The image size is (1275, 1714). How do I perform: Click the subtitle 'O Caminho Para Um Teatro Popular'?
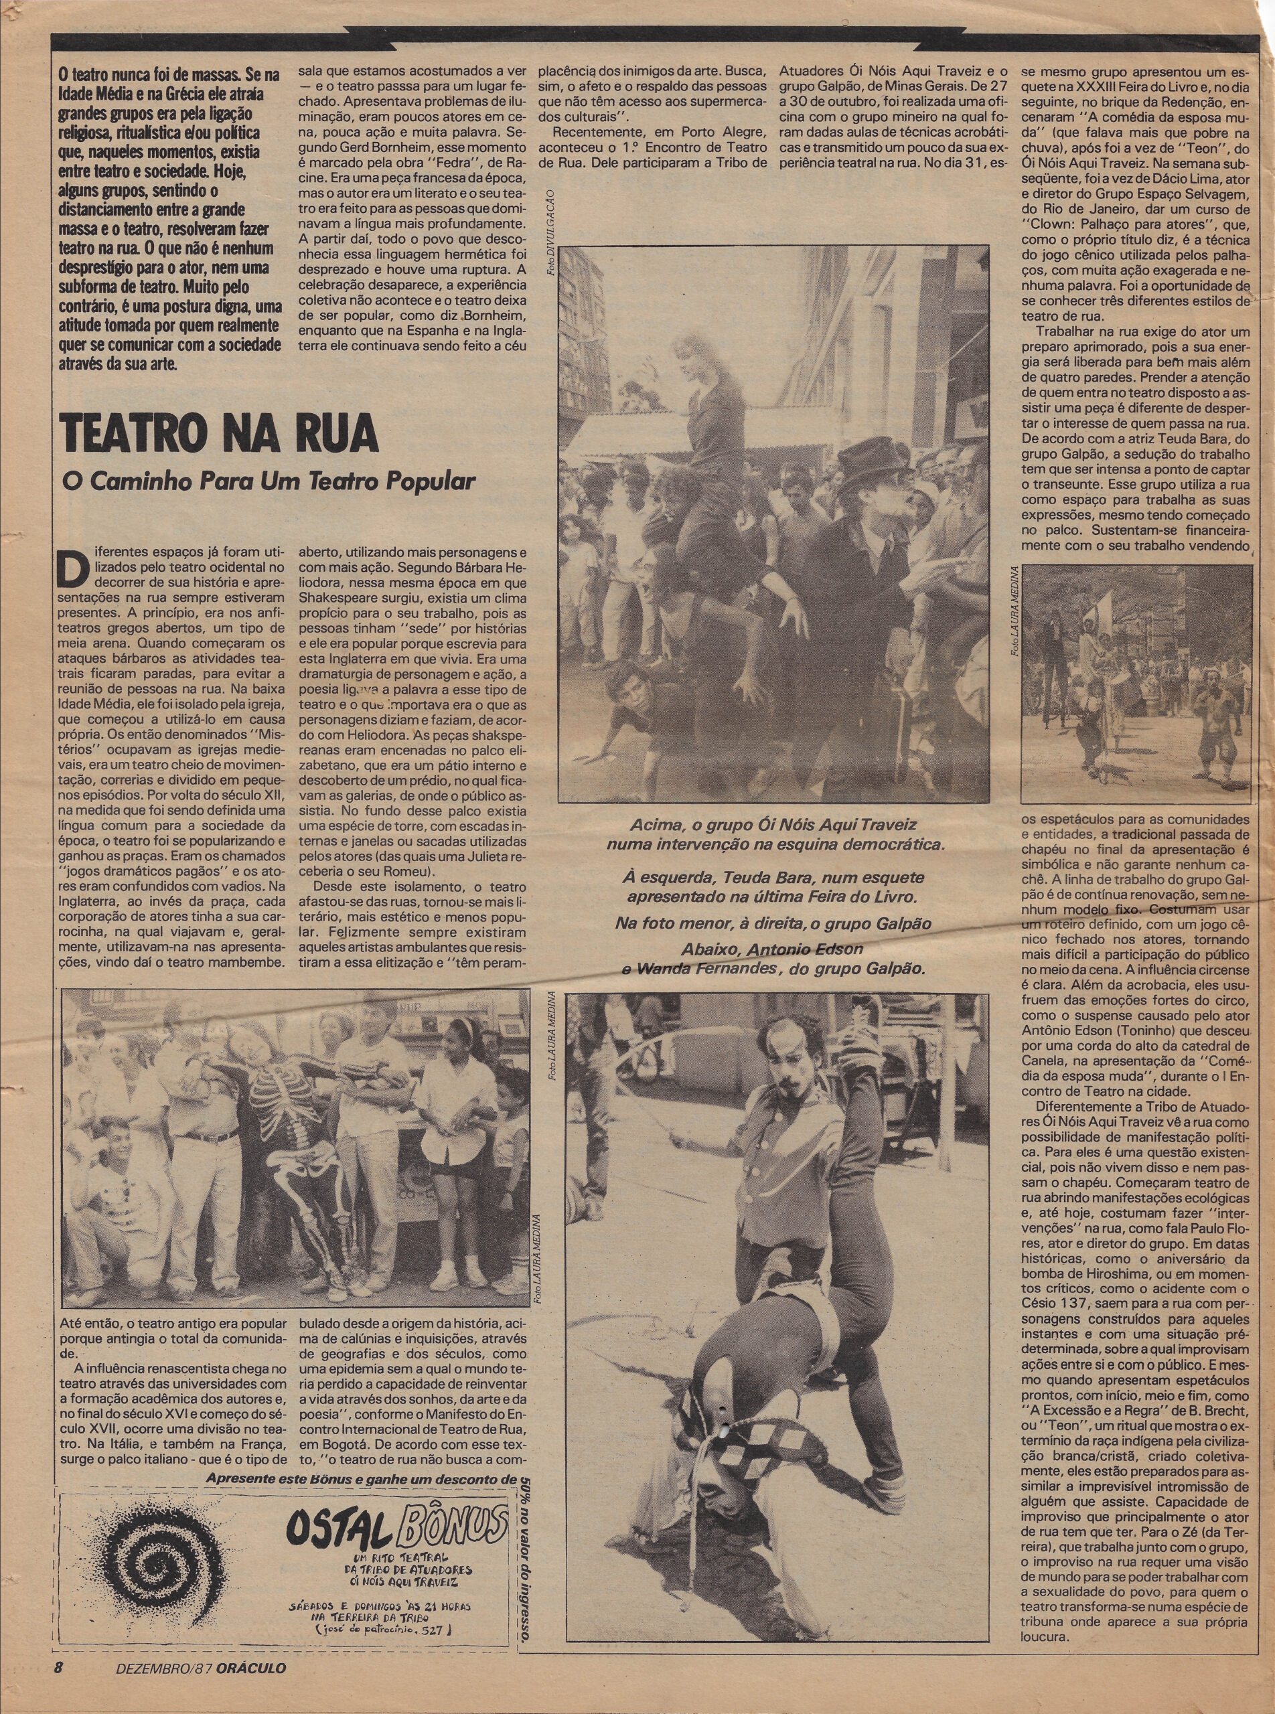pos(269,481)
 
